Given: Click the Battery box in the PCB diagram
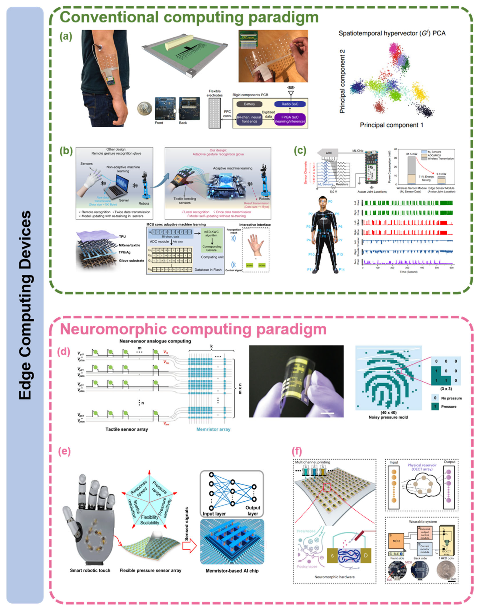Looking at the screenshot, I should (x=249, y=104).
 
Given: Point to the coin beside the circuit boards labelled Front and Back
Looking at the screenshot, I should (x=145, y=109).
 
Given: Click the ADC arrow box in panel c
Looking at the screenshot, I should (x=327, y=153).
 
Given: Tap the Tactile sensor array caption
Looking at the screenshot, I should (x=126, y=429).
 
